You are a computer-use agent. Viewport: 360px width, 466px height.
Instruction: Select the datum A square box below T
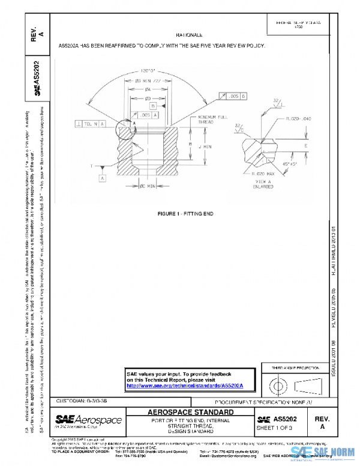pyautogui.click(x=103, y=178)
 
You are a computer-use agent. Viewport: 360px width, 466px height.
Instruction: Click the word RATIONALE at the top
pyautogui.click(x=190, y=36)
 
